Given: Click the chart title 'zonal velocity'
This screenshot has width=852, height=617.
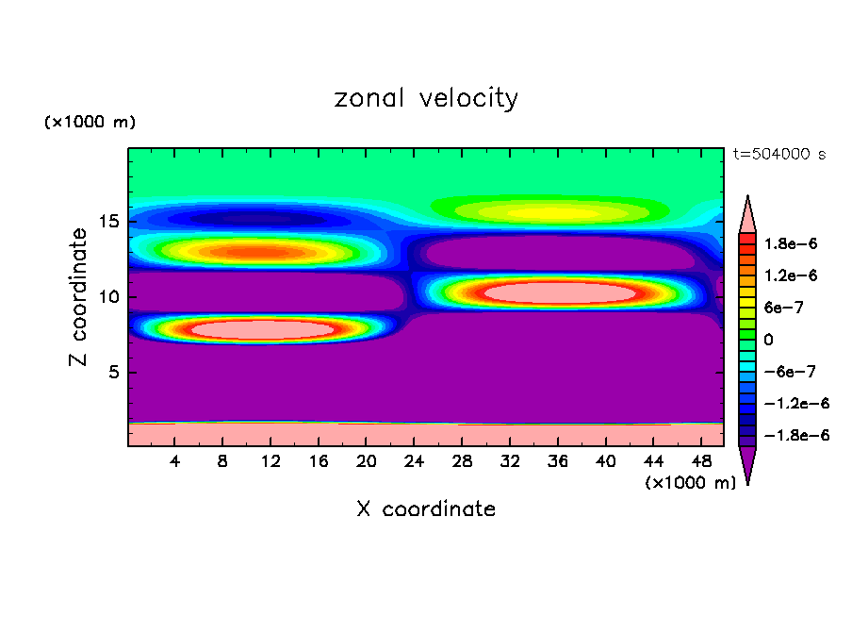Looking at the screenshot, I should tap(426, 98).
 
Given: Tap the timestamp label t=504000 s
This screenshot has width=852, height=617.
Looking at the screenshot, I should tap(778, 154).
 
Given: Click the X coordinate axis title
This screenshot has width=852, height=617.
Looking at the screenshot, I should tap(426, 509).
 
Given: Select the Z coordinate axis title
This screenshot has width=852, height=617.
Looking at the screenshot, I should tap(79, 297).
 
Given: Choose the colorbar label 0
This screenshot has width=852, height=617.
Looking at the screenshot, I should tap(768, 339).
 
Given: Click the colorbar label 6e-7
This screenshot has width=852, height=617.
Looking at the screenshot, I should tap(784, 307).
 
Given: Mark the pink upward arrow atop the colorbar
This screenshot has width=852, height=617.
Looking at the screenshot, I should tap(747, 215).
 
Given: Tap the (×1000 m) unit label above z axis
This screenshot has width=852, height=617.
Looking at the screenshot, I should tap(90, 123).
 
